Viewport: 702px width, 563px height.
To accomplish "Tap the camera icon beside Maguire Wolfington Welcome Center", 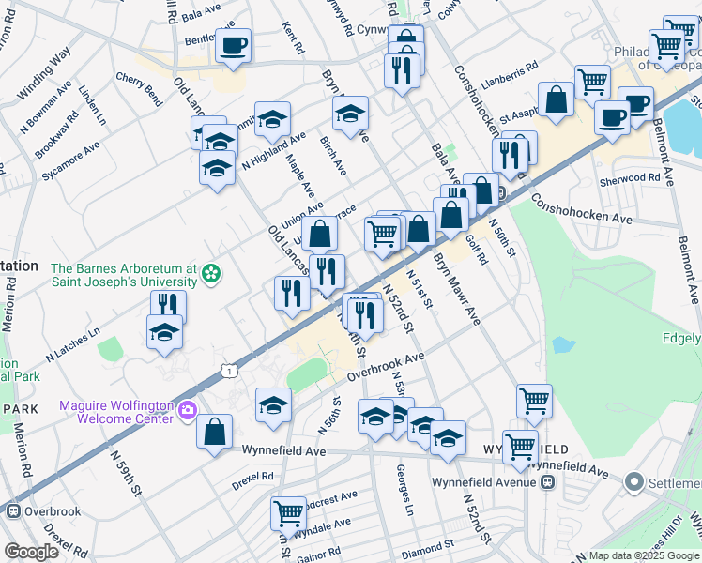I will click(x=188, y=409).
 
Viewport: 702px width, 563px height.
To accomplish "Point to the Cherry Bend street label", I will click(x=139, y=88).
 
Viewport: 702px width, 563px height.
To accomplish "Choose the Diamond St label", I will click(x=427, y=543).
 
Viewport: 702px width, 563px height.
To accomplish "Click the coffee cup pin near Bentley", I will click(x=233, y=45).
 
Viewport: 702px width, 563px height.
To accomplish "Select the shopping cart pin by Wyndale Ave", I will click(x=288, y=514).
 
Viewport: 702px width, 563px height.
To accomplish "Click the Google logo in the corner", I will click(x=31, y=552).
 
